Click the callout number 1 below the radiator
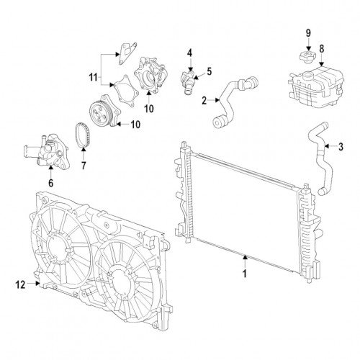(x=245, y=273)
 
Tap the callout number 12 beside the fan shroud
(x=20, y=285)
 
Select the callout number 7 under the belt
(x=84, y=166)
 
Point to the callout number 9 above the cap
(x=308, y=33)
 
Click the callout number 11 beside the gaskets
(x=94, y=77)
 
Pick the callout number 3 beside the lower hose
(x=341, y=147)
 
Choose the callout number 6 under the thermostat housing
(x=50, y=183)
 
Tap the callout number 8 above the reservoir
(x=321, y=48)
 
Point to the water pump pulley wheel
(x=99, y=113)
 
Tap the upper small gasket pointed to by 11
(x=127, y=53)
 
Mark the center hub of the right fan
(x=118, y=282)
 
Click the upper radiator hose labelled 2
(x=234, y=101)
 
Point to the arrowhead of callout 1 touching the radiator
(x=245, y=258)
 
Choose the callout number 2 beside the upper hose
(x=204, y=101)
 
